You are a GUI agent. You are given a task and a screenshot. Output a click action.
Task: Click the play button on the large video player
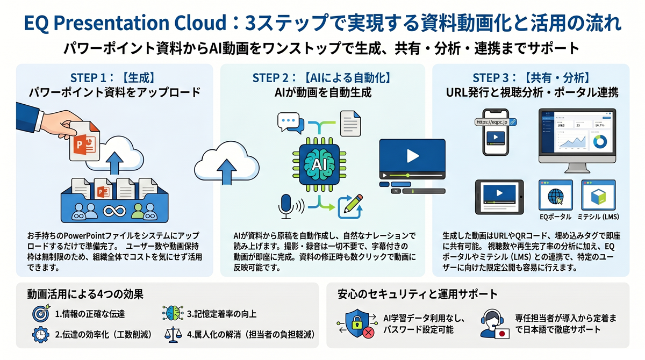[x=412, y=156]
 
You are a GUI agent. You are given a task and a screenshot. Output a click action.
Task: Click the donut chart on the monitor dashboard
[x=600, y=142]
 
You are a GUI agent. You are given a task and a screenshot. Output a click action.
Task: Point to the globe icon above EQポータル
[x=555, y=197]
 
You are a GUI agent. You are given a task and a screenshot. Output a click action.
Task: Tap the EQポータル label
[x=555, y=218]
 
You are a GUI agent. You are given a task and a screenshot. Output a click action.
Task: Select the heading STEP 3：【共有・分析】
[x=531, y=77]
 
